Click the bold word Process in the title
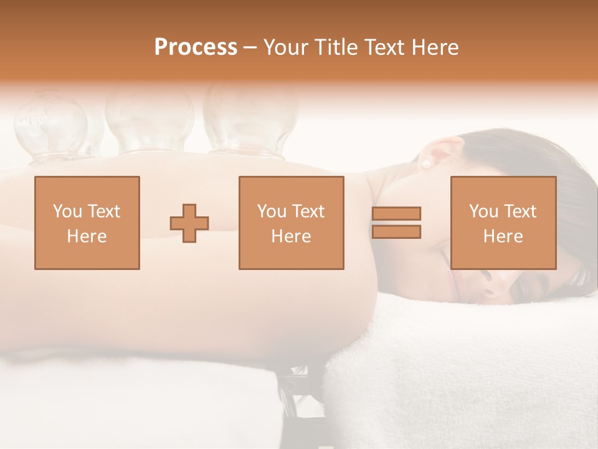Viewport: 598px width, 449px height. pos(196,47)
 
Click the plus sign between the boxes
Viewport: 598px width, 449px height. pos(189,223)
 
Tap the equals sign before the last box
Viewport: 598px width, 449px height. pos(396,223)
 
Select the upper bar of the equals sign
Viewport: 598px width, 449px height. pos(396,214)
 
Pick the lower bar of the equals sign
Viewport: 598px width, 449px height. pos(396,231)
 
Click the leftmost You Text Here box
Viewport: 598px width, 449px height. pos(87,223)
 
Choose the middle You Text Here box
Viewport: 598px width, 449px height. pos(291,223)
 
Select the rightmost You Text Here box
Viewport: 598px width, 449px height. pos(503,223)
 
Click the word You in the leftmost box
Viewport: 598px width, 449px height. pos(66,211)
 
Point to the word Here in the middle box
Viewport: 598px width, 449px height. pos(291,236)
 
